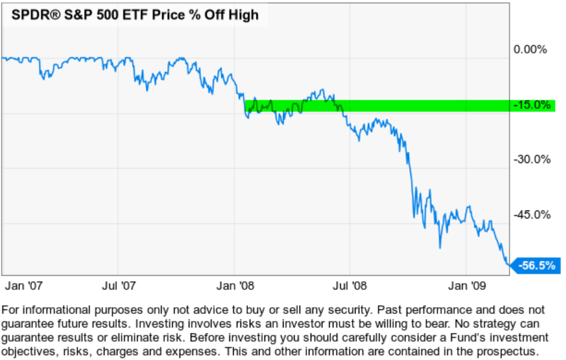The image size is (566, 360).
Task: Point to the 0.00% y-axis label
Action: (x=530, y=50)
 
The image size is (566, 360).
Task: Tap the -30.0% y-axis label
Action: (x=532, y=160)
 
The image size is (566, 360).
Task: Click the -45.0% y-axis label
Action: (x=532, y=215)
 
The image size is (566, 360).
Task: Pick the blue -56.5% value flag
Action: (x=536, y=266)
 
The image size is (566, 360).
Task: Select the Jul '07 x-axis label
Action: (x=119, y=287)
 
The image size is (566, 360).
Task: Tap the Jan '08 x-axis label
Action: (x=236, y=287)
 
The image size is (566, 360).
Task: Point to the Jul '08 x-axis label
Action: (x=350, y=287)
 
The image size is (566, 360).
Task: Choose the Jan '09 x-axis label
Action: (x=466, y=287)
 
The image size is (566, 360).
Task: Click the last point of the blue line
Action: (x=509, y=265)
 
